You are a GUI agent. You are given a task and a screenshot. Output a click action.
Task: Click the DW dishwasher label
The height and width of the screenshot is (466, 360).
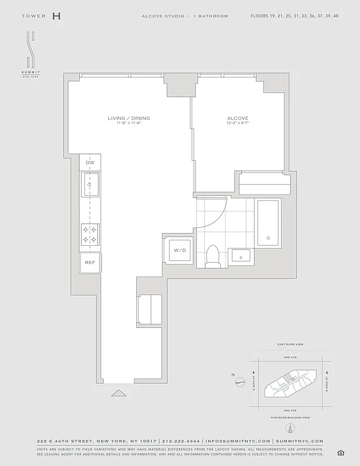point(90,163)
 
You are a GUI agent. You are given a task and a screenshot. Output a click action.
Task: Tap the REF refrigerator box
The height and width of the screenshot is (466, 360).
point(90,263)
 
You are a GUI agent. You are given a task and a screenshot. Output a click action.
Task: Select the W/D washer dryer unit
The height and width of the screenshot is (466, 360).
point(178,250)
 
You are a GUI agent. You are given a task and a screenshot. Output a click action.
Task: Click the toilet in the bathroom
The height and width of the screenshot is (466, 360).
point(213,256)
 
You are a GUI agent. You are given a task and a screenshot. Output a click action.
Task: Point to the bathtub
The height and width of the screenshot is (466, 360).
point(269,223)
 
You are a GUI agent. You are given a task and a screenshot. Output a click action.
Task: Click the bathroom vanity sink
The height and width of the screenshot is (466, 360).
point(241,255)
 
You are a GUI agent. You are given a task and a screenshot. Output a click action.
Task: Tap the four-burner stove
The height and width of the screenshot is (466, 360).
point(90,234)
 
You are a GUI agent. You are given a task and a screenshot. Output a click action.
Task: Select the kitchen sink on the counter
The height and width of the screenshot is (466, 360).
point(90,186)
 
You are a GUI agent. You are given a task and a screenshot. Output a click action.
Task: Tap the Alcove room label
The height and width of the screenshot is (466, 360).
point(237,118)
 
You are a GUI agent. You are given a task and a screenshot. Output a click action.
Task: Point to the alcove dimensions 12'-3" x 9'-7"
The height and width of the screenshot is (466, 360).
point(237,123)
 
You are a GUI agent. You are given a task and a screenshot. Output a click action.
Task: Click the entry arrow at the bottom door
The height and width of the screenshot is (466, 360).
point(119,393)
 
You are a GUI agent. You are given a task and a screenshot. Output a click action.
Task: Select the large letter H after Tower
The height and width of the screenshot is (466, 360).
point(56,16)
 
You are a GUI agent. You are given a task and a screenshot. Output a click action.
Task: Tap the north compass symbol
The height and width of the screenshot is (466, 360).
point(240,383)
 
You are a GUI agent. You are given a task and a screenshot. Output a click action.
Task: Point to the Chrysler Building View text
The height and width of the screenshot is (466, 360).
point(290,418)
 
